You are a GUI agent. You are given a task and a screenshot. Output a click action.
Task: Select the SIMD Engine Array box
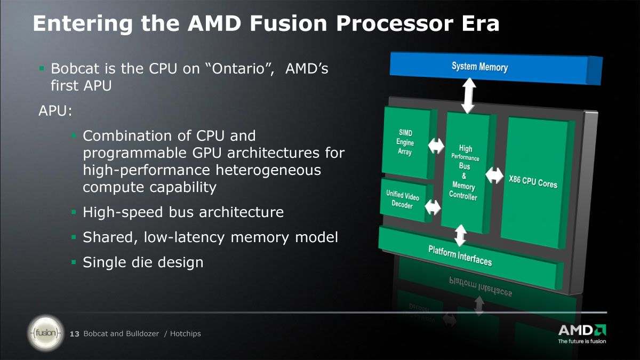pos(409,142)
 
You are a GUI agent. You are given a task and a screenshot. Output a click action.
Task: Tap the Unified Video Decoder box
pos(406,200)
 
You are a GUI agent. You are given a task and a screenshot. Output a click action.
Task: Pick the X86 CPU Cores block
pos(537,182)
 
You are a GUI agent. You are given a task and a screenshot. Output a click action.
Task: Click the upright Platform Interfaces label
pos(460,255)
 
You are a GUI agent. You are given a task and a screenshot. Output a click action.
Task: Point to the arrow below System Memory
pos(469,95)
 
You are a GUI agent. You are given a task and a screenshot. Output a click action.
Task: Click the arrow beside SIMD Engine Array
pos(436,146)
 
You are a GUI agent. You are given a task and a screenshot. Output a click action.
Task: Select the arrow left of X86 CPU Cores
pos(494,175)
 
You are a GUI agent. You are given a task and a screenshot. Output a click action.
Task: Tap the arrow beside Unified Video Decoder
pos(433,207)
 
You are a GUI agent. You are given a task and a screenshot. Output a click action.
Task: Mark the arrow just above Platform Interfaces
pos(460,235)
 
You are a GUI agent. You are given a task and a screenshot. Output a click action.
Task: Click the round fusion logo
pos(46,333)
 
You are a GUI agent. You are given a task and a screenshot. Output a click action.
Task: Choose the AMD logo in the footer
pos(582,330)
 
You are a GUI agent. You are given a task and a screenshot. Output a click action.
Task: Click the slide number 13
pos(75,334)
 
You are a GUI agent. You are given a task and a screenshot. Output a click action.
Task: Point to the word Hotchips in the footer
pos(186,334)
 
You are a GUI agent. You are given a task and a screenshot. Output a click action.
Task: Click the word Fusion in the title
pos(289,23)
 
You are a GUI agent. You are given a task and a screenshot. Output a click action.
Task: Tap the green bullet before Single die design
pos(74,262)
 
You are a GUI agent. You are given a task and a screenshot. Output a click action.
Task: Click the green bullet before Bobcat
pos(42,68)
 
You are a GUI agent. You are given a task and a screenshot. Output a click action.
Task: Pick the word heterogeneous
pos(268,170)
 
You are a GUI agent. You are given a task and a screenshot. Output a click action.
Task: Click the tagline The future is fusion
pos(582,341)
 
